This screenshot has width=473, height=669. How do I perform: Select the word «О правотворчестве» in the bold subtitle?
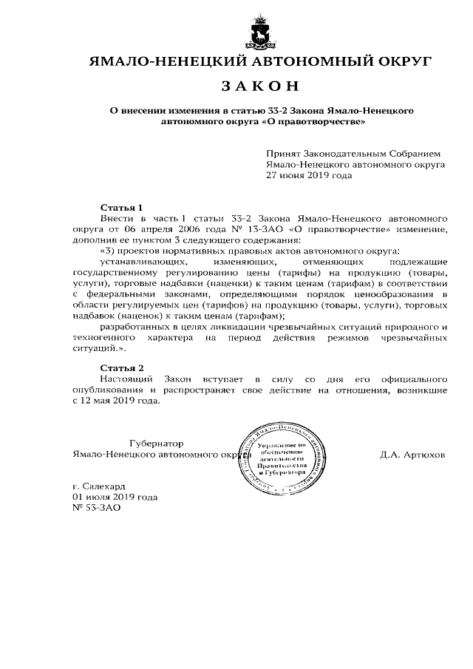click(x=320, y=120)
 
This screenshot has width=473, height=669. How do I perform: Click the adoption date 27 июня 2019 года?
click(x=310, y=176)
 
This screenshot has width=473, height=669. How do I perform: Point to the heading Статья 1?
click(x=120, y=208)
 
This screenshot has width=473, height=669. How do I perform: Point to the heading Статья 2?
click(x=120, y=367)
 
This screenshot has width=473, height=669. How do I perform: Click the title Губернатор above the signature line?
click(x=156, y=444)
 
